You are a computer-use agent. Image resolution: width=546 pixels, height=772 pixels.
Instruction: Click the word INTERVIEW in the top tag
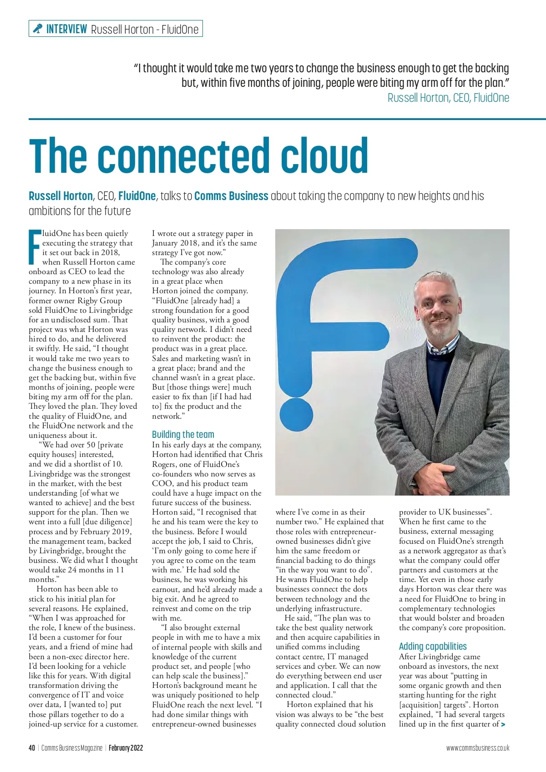(66, 29)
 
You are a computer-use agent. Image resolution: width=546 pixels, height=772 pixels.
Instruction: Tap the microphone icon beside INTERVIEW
(37, 29)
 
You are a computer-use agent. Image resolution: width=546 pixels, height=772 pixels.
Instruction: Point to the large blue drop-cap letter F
(35, 247)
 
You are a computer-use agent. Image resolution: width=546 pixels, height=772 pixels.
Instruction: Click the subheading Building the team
(183, 434)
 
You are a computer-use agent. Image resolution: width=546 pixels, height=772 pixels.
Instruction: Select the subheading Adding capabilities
(433, 646)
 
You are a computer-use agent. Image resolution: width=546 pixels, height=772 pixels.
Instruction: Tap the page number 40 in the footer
(32, 748)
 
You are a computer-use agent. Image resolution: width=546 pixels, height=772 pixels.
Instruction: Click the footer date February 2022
(126, 748)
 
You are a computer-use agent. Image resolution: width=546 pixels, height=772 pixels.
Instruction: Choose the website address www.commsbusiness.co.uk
(477, 748)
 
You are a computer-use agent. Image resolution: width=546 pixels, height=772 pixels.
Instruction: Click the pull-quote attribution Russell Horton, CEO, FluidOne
(448, 98)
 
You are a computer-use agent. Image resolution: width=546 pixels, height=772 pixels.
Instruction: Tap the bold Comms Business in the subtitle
(231, 196)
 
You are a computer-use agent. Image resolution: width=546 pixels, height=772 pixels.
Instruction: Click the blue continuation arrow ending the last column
(503, 724)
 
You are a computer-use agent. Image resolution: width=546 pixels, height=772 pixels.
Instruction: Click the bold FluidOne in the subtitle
(137, 196)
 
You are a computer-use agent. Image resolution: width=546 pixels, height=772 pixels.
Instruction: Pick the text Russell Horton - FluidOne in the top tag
(145, 30)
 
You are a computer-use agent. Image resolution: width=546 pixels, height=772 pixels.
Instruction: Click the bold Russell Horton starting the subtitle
(61, 196)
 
